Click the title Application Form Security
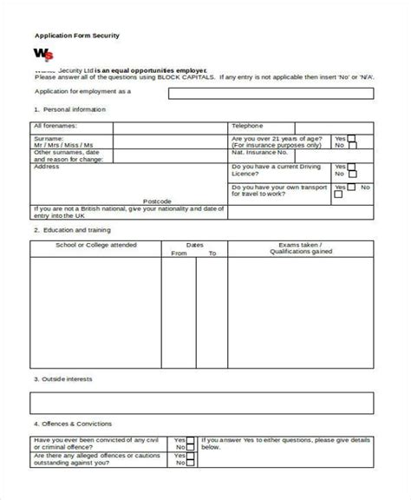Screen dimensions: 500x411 [x=76, y=36]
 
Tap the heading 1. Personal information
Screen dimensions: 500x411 [x=69, y=109]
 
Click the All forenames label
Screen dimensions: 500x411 [x=55, y=126]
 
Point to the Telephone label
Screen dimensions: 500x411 [x=248, y=126]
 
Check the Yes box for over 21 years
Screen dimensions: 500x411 [x=351, y=138]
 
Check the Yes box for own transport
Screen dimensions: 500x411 [x=351, y=186]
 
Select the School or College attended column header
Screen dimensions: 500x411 [x=96, y=246]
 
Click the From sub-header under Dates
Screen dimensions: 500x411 [x=179, y=253]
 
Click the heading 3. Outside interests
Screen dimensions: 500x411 [x=63, y=378]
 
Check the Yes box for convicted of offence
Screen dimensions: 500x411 [x=190, y=440]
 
